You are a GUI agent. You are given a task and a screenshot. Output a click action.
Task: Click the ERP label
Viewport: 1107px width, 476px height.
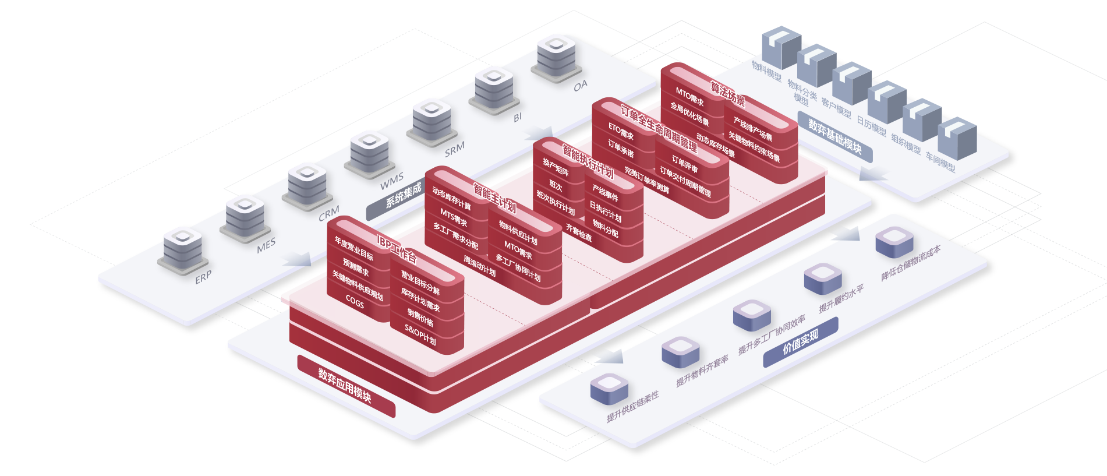203,278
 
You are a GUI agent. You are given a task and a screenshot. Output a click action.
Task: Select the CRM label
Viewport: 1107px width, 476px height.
328,214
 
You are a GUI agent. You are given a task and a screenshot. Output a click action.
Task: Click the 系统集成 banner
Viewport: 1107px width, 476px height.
403,195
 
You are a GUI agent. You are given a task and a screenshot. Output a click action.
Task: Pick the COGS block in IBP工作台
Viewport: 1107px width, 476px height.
355,302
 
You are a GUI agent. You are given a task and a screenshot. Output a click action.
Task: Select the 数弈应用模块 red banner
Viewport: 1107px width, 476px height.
345,386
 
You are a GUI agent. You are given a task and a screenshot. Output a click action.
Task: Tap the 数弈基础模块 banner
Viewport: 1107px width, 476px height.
834,136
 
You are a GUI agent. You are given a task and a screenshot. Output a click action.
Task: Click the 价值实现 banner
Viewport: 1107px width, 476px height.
800,342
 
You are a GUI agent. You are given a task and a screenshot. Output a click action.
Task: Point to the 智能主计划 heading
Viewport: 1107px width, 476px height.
494,198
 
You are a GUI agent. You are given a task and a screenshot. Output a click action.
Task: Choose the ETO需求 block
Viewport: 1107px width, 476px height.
621,131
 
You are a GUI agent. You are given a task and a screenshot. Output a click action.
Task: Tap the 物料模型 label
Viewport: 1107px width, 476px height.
766,70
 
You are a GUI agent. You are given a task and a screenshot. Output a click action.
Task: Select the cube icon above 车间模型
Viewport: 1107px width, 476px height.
957,137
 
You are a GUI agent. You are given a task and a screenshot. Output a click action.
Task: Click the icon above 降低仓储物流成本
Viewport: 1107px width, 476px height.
894,241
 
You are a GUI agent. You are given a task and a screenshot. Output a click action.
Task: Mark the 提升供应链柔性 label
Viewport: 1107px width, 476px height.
632,407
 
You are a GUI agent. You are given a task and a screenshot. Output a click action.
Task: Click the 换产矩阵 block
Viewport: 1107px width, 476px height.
556,167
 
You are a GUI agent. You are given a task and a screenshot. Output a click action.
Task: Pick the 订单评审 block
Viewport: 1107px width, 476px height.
684,164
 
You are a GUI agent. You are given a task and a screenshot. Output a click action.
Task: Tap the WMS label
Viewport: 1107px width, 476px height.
391,181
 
